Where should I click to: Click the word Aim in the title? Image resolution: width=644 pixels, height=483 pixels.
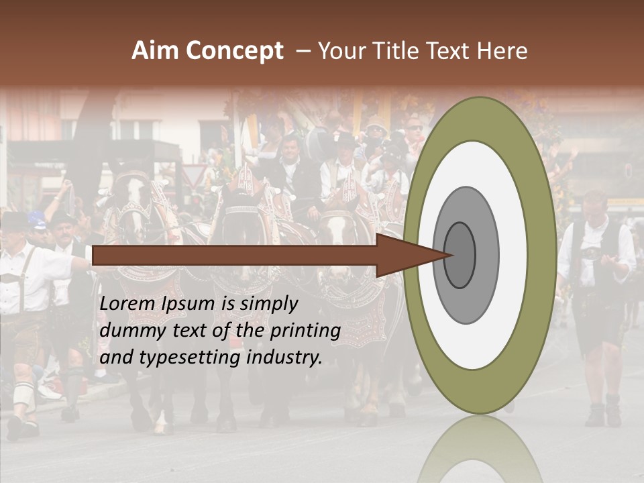tap(156, 51)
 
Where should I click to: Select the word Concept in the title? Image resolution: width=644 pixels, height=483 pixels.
tap(234, 52)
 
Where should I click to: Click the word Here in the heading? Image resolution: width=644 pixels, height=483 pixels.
tap(502, 51)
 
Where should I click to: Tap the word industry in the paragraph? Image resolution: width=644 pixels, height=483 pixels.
tap(284, 358)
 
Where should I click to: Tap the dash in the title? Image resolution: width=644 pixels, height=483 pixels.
tap(303, 52)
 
